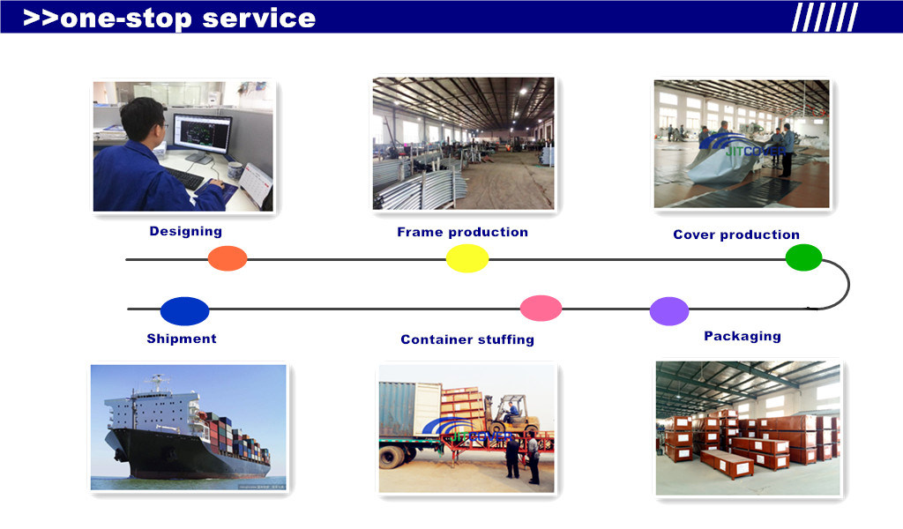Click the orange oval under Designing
228,258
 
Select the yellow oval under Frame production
467,258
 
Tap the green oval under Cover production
803,257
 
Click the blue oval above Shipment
184,311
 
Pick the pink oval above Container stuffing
541,308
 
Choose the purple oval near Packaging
669,311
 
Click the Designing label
185,231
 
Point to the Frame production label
462,232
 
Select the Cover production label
735,235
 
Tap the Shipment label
182,339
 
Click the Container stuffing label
467,339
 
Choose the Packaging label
742,336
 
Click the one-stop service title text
168,18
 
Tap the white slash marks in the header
824,17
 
